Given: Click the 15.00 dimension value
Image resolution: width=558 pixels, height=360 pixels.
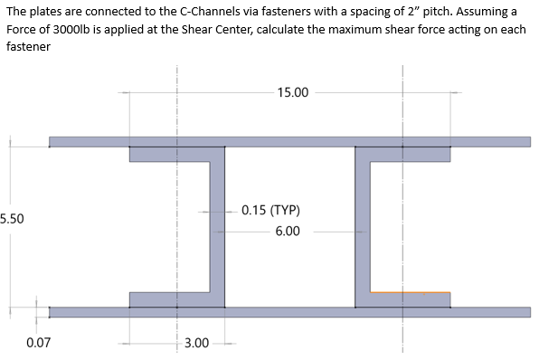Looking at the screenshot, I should pyautogui.click(x=293, y=92).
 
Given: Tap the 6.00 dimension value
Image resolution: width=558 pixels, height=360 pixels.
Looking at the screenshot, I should pyautogui.click(x=288, y=232).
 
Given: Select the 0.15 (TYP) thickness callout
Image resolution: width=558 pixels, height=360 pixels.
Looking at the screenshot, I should pyautogui.click(x=270, y=211).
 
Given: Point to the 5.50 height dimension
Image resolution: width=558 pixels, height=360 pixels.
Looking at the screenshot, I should pyautogui.click(x=12, y=218).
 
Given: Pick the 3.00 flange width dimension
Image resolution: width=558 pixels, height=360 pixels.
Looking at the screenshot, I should pyautogui.click(x=196, y=343).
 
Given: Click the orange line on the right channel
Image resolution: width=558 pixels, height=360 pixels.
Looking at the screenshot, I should pyautogui.click(x=411, y=292).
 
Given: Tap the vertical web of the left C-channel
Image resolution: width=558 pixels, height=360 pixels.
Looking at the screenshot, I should pyautogui.click(x=217, y=226).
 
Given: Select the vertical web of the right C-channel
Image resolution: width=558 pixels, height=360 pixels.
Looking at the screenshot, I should pyautogui.click(x=363, y=226).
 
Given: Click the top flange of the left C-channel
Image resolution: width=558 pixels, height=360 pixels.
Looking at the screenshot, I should pyautogui.click(x=176, y=154).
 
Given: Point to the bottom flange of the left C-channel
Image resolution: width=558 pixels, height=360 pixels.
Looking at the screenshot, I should pyautogui.click(x=176, y=299).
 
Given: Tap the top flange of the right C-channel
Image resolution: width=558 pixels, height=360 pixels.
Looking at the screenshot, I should pyautogui.click(x=403, y=154).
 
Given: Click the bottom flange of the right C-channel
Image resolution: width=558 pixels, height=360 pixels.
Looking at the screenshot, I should pyautogui.click(x=403, y=299).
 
